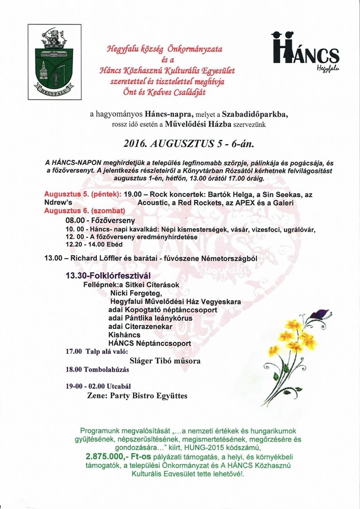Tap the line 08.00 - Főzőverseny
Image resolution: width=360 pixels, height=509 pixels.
tap(96, 220)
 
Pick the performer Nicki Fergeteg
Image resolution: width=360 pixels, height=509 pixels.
tap(136, 292)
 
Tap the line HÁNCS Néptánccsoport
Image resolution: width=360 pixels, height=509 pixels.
tap(150, 343)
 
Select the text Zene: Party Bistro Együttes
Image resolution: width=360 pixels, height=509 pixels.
tap(137, 396)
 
